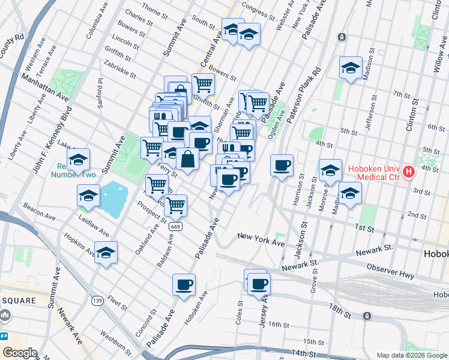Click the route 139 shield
click(96, 299)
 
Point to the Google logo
click(20, 353)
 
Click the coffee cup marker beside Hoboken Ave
click(184, 284)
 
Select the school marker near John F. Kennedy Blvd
click(78, 160)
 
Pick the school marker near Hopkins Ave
click(106, 252)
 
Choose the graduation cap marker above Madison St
click(350, 68)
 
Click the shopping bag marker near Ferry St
click(187, 159)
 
